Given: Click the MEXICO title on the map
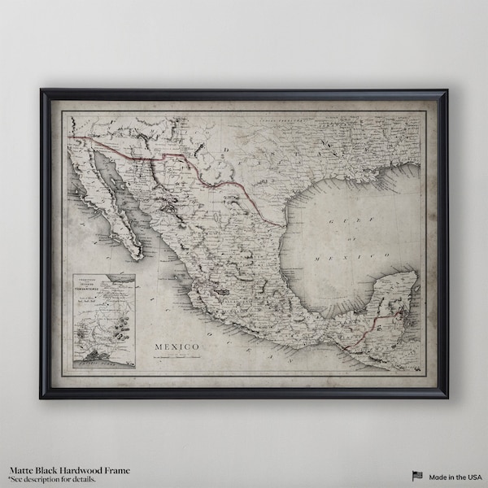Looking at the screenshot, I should point(176,326).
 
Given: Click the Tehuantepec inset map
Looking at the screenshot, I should point(102,321).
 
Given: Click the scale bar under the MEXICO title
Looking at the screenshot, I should point(176,335).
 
